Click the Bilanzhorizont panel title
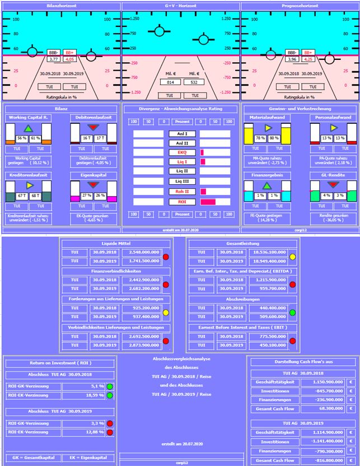point(60,4)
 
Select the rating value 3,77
point(54,58)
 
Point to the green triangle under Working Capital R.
point(29,129)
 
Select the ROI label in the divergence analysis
point(181,202)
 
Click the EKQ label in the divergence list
point(181,152)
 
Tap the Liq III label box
point(181,181)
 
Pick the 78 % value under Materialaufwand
point(260,138)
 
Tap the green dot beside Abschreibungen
point(292,312)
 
